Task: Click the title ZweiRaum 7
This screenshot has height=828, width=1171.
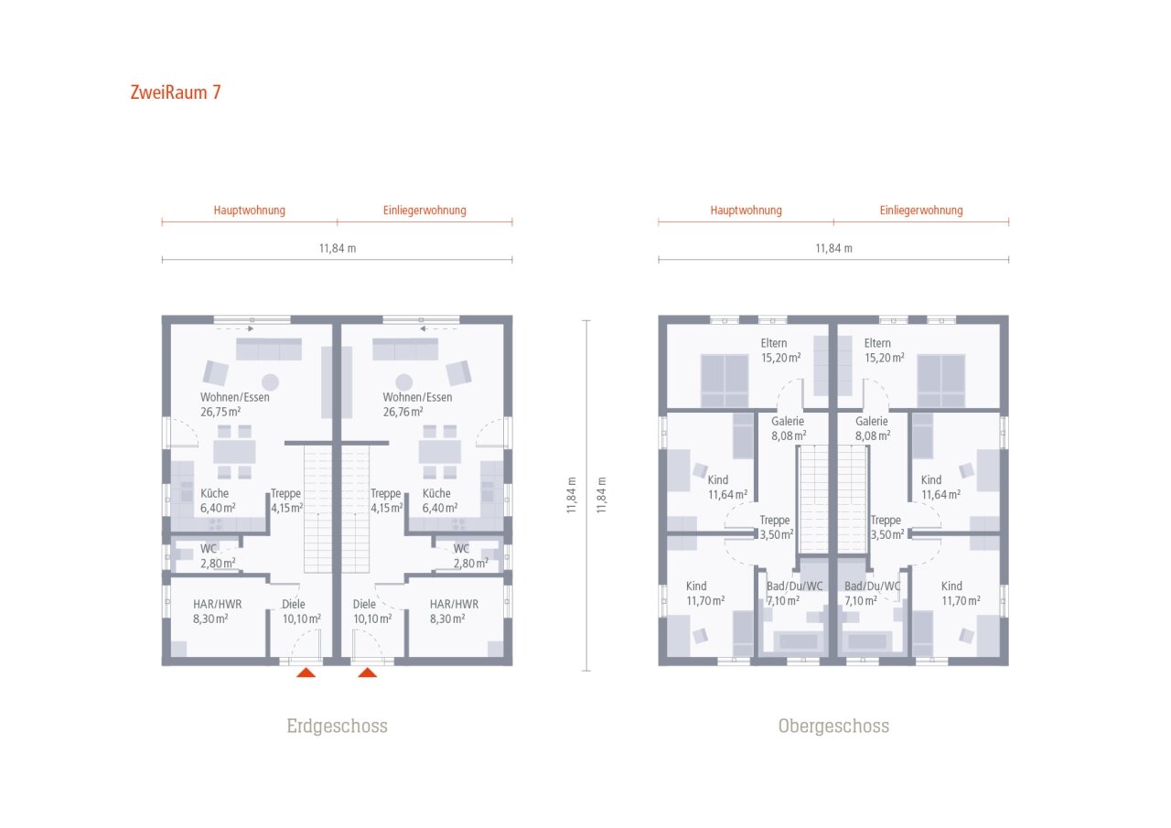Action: tap(176, 92)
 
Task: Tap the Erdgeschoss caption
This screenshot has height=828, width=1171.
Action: tap(338, 726)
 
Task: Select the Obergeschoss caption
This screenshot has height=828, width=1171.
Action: tap(833, 726)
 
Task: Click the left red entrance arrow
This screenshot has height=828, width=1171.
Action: tap(306, 672)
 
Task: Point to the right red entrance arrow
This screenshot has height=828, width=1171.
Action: tap(368, 672)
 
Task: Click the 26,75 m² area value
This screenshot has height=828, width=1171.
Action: tap(220, 412)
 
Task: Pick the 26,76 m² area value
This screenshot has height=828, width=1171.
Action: tap(403, 412)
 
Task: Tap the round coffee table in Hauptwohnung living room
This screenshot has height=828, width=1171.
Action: tap(270, 382)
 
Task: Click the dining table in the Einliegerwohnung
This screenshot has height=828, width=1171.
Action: tap(440, 452)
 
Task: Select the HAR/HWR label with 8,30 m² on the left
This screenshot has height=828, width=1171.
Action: tap(218, 611)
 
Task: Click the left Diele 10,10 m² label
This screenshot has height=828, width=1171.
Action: tap(302, 611)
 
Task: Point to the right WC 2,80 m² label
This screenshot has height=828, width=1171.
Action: tap(470, 556)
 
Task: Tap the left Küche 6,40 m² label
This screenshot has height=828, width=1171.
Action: tap(218, 500)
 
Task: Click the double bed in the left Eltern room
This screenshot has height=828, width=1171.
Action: tap(725, 381)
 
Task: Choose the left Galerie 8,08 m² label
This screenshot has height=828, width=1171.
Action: tap(789, 428)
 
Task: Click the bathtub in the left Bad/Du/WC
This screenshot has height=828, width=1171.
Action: tap(799, 640)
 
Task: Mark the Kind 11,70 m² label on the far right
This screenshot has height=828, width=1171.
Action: tap(961, 594)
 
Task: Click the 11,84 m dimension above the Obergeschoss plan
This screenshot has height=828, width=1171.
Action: tap(833, 248)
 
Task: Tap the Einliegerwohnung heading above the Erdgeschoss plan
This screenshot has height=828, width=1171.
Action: tap(424, 210)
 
